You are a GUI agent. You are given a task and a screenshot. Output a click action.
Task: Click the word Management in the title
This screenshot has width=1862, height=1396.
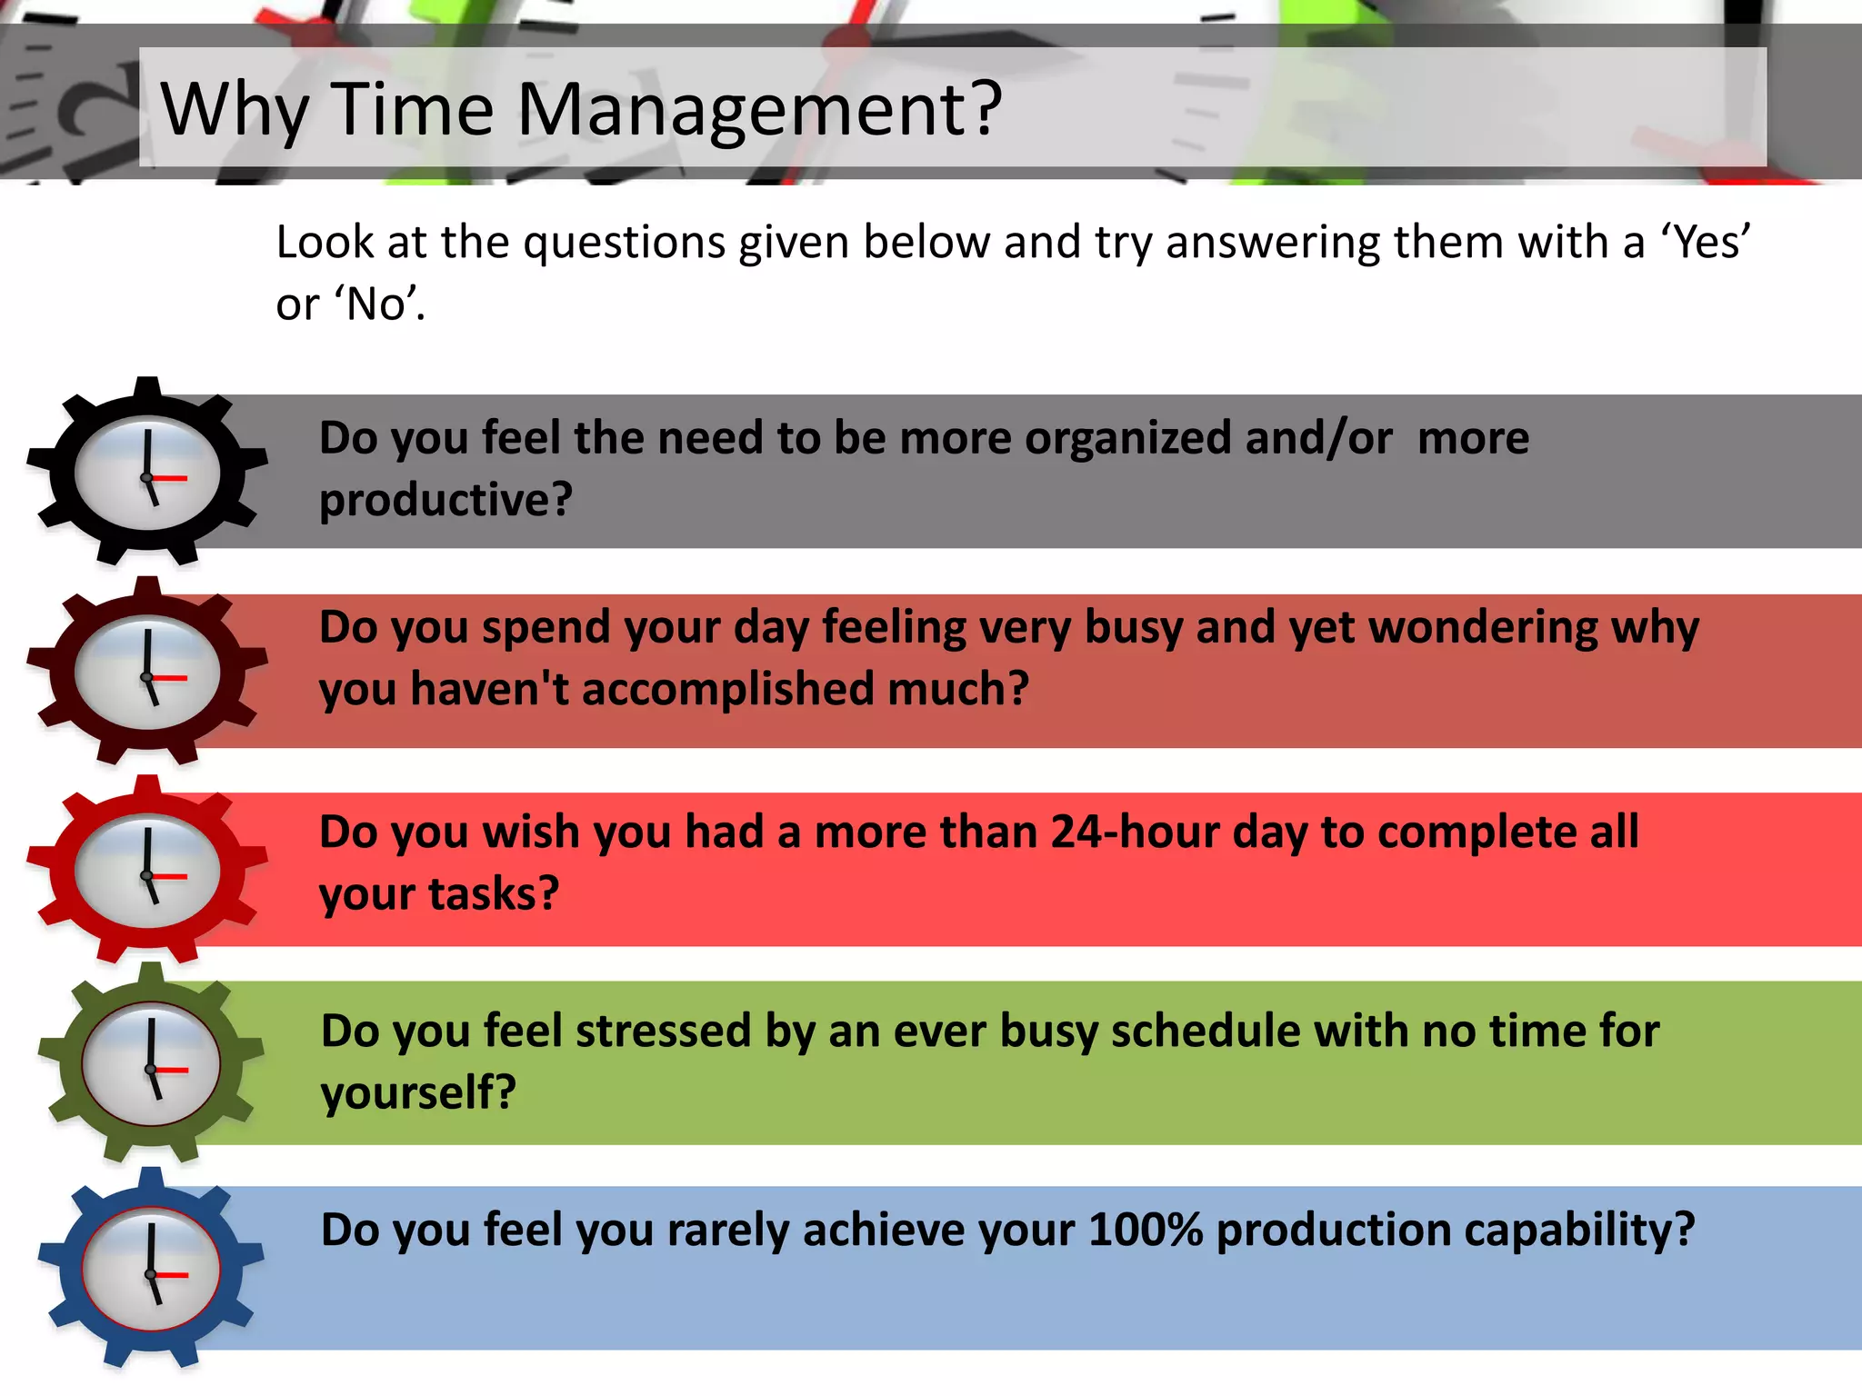[x=758, y=111]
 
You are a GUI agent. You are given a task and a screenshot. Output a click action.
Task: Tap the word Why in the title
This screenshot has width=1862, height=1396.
[x=235, y=111]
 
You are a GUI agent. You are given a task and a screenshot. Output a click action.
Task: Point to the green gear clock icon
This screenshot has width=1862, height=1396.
[x=151, y=1063]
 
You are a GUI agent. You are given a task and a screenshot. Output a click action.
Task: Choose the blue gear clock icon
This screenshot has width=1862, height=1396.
[x=151, y=1269]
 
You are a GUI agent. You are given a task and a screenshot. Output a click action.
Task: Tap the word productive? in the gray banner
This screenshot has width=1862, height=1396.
[x=445, y=500]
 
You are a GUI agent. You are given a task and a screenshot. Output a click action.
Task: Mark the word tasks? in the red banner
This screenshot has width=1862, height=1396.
[x=493, y=894]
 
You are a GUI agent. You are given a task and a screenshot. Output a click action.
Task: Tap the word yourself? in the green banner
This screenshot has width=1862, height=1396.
[x=418, y=1093]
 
